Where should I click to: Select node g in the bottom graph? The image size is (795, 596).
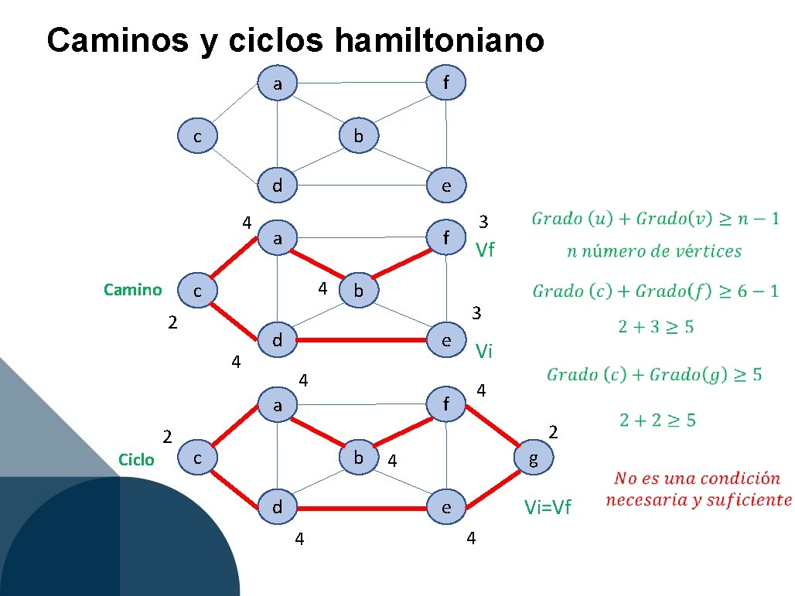tap(533, 459)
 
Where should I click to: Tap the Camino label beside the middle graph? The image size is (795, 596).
tap(132, 290)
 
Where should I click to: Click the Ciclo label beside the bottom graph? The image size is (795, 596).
tap(136, 460)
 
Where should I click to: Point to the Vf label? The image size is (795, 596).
tap(485, 250)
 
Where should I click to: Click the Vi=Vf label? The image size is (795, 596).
tap(548, 507)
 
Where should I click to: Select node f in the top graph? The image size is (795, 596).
tap(446, 82)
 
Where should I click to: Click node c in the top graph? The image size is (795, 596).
tap(197, 137)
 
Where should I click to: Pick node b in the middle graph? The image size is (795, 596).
tap(358, 291)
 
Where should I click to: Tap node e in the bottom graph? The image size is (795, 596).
tap(446, 508)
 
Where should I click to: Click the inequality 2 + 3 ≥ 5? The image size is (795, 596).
tap(656, 327)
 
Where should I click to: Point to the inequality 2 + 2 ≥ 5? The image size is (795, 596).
tap(657, 421)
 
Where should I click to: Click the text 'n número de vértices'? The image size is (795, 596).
tap(654, 251)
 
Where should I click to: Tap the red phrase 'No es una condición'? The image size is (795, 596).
tap(697, 479)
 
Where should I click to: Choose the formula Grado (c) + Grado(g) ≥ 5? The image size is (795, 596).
tap(654, 375)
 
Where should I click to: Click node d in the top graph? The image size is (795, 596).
tap(276, 186)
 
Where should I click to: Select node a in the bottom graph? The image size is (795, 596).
tap(276, 404)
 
